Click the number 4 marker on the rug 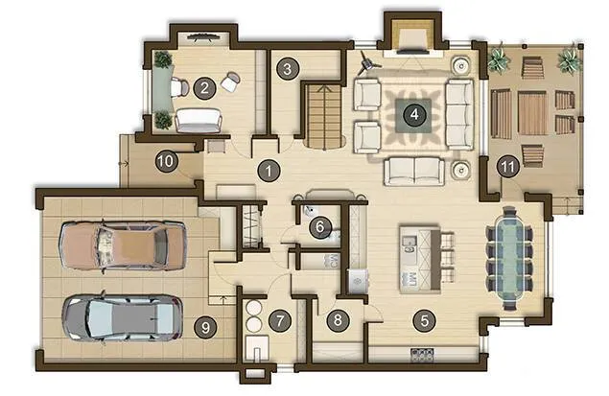[x=414, y=114]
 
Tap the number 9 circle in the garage [x=205, y=328]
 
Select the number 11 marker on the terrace [x=508, y=168]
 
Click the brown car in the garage [x=123, y=245]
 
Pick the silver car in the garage [x=123, y=318]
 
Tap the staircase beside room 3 [x=324, y=116]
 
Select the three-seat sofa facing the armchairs [x=459, y=114]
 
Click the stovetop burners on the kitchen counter [x=422, y=355]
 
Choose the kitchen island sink [x=409, y=245]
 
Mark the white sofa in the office [x=199, y=121]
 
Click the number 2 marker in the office [x=204, y=88]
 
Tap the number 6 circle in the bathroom [x=320, y=226]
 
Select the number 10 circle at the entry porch [x=167, y=161]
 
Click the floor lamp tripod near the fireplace [x=367, y=62]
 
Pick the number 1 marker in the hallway [x=269, y=171]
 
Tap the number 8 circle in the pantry [x=338, y=320]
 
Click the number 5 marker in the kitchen [x=425, y=320]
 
